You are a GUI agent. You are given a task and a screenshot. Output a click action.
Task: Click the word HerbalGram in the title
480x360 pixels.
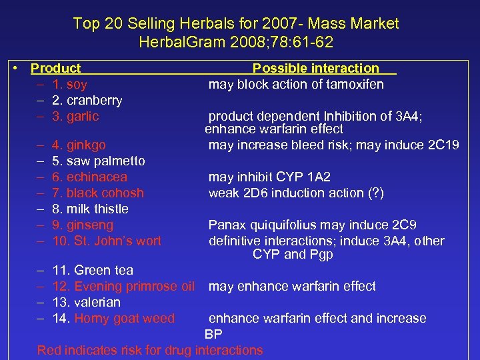[x=175, y=43]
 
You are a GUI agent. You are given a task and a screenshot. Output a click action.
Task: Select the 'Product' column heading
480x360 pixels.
[x=56, y=68]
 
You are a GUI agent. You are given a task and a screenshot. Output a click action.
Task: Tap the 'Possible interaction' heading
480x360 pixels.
[x=315, y=68]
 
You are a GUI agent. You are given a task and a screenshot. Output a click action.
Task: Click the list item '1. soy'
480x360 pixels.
[x=69, y=85]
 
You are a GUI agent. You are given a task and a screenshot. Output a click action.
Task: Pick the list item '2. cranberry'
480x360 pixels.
[x=87, y=101]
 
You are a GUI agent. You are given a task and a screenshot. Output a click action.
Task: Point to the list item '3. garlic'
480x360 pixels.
[x=75, y=117]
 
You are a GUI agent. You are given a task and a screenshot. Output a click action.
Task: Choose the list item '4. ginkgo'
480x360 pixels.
[x=78, y=145]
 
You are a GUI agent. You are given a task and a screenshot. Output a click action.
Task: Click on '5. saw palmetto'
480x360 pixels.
[x=98, y=161]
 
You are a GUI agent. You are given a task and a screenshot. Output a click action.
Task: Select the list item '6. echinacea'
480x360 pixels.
[x=89, y=177]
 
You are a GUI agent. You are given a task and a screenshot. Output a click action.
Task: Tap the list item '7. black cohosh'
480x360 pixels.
[x=97, y=193]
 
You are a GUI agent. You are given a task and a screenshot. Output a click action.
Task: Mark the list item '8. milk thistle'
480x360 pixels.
[x=90, y=209]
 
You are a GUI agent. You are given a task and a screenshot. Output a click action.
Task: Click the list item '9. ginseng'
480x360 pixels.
[x=82, y=225]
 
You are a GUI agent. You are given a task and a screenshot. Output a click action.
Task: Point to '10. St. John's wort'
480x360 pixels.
[x=107, y=241]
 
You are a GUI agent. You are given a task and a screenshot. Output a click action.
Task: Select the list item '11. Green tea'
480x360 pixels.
[x=92, y=270]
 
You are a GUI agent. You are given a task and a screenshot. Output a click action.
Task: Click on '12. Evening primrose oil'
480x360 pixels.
[x=123, y=286]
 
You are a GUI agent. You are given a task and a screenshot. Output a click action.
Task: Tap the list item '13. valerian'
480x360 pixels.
[x=86, y=302]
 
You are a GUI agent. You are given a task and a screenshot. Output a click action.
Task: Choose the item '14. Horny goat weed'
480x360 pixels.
[x=113, y=318]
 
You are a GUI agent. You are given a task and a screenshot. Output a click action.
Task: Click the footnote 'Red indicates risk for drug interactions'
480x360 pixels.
[x=150, y=350]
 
